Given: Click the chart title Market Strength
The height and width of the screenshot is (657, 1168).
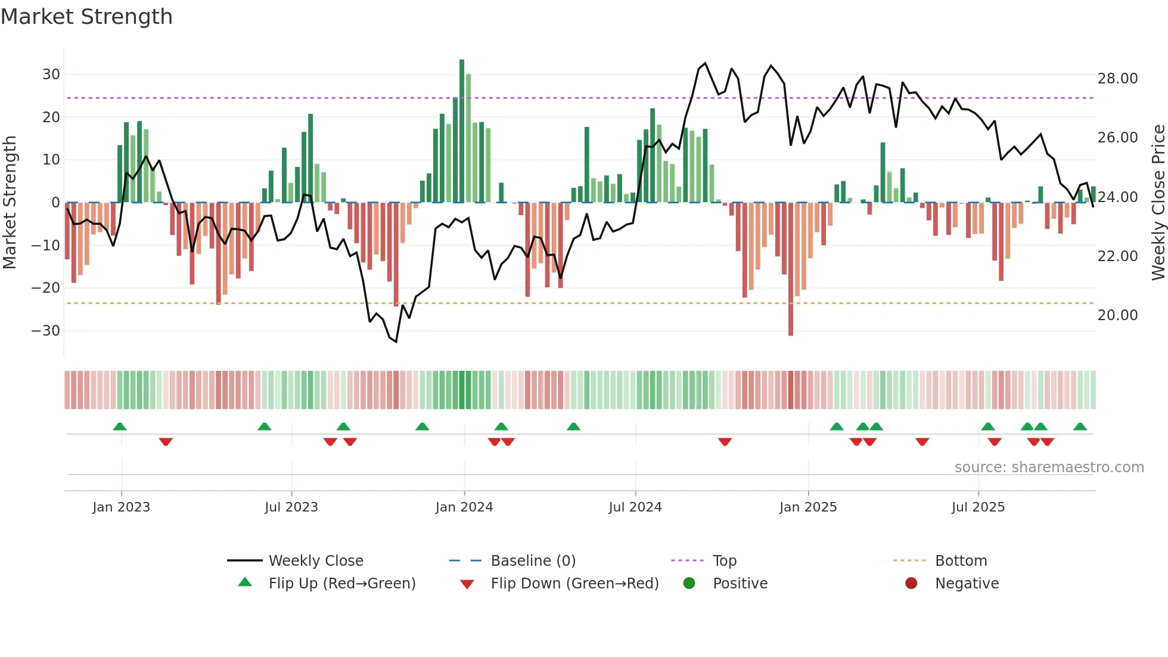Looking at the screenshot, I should coord(86,17).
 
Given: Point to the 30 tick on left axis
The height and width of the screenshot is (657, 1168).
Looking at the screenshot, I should coord(51,75).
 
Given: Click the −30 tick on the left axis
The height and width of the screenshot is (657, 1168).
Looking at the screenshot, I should coord(46,331).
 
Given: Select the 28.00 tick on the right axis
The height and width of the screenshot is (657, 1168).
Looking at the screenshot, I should coord(1117,79).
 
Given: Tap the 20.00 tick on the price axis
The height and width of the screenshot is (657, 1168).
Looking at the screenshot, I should coord(1117,315).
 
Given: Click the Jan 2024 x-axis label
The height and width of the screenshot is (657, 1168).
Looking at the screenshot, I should coord(464,507).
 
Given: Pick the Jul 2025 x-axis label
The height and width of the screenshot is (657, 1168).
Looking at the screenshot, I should coord(978,507).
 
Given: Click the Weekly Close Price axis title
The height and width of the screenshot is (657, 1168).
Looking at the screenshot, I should coord(1158,203).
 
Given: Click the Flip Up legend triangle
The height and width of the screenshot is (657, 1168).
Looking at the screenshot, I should coord(245,582).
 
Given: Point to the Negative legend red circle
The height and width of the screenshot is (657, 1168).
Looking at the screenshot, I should coord(911,584).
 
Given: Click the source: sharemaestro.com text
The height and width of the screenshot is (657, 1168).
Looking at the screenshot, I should coord(1049,467).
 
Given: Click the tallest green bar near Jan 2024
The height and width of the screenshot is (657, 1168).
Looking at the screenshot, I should coord(462,131).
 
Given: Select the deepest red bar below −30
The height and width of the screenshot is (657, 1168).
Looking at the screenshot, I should coord(791,268).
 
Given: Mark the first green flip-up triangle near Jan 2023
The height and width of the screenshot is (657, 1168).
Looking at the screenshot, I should coord(120,427).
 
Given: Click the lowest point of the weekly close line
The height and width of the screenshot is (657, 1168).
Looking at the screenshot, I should coord(396,342).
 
